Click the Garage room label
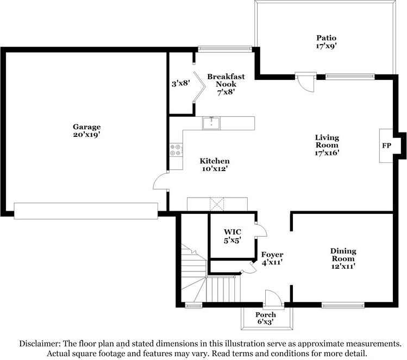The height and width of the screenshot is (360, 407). (87, 127)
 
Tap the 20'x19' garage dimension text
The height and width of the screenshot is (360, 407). (87, 135)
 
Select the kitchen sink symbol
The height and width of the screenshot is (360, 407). (211, 123)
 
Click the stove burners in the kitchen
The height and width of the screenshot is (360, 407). (176, 150)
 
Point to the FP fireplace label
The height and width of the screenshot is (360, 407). (386, 146)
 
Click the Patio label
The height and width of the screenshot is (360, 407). (326, 38)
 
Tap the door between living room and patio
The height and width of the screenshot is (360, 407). (306, 82)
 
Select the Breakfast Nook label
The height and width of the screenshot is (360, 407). (226, 80)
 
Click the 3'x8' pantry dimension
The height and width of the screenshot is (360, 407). (180, 84)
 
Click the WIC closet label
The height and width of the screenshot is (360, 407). (233, 232)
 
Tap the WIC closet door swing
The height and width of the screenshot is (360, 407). (261, 229)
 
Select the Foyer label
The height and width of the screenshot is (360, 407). (272, 255)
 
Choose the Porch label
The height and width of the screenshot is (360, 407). (266, 314)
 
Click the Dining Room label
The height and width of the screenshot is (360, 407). (343, 255)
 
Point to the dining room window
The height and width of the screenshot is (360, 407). (343, 305)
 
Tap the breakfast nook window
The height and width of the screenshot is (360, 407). (225, 49)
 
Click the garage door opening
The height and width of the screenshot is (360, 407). (86, 211)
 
